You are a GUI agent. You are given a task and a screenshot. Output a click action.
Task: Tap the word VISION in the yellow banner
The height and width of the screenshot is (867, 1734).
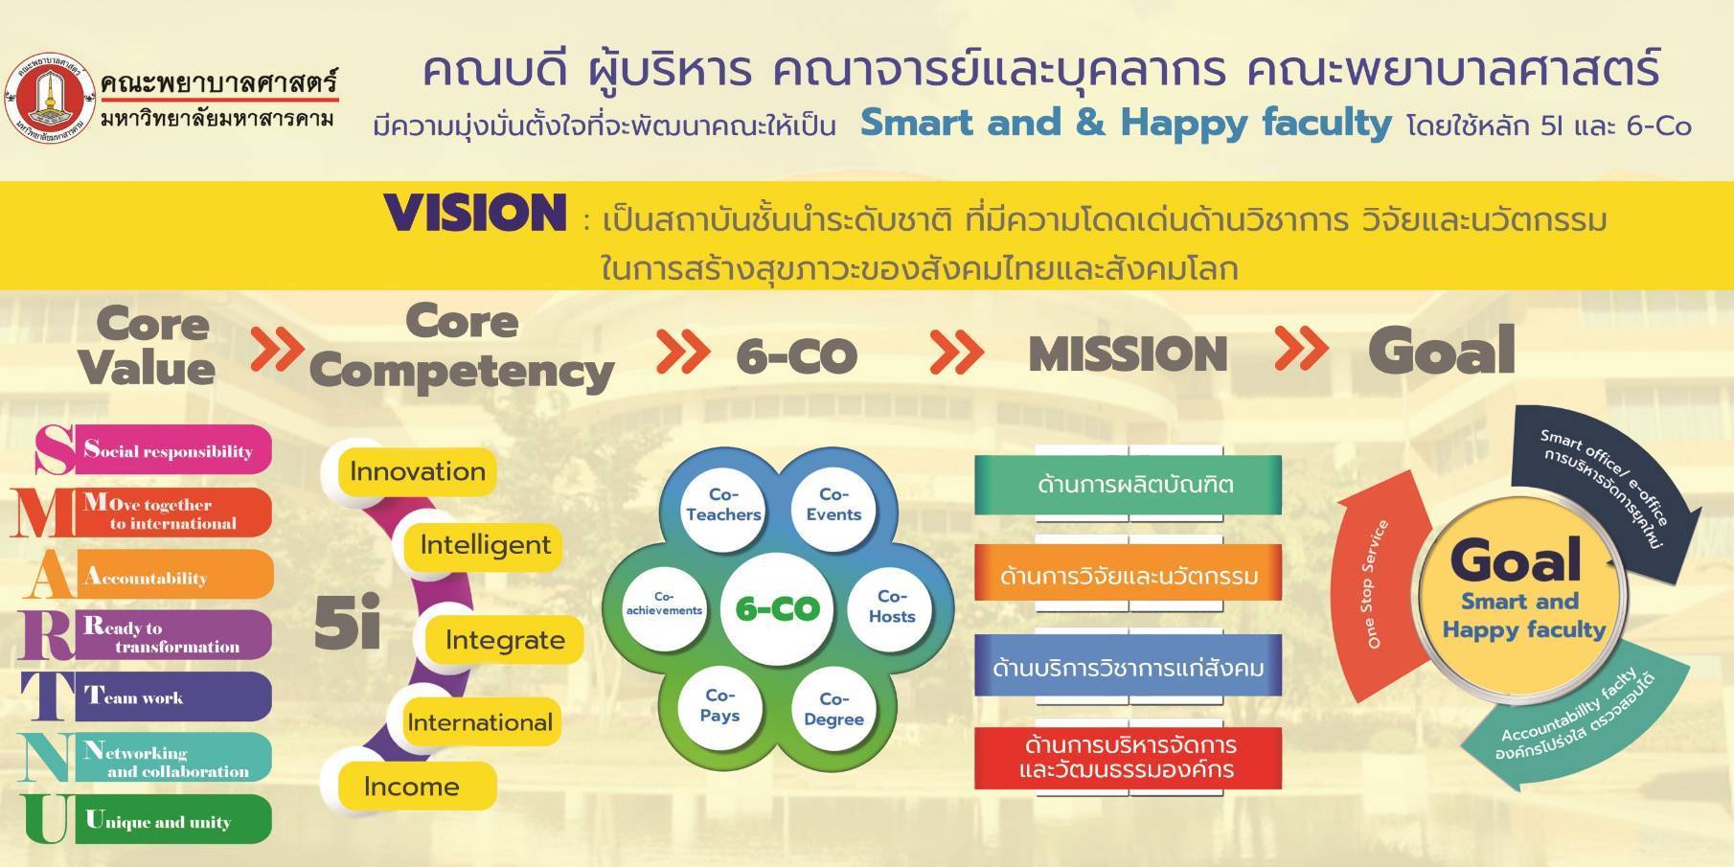[475, 213]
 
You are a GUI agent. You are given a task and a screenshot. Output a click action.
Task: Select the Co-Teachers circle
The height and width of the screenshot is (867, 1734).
[723, 504]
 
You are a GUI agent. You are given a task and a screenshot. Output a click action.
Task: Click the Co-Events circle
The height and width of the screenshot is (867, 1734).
[833, 504]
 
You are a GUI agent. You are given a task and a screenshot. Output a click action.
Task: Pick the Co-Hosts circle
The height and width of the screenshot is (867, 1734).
[891, 606]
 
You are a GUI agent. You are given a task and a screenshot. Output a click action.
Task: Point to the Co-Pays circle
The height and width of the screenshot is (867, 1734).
[719, 705]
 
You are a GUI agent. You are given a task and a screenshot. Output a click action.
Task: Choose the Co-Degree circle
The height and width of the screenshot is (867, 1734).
[833, 709]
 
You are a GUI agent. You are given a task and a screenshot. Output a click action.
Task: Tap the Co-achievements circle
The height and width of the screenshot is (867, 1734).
[664, 604]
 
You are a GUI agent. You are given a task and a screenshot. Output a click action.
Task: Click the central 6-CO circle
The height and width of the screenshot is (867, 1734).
[777, 608]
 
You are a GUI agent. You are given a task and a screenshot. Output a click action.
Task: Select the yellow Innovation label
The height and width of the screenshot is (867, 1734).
[418, 471]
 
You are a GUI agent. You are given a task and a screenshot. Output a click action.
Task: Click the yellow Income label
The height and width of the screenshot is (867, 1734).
[412, 787]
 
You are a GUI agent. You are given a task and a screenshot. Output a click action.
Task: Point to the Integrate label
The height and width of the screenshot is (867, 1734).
[505, 640]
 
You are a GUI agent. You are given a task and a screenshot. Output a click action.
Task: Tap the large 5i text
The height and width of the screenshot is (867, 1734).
[347, 624]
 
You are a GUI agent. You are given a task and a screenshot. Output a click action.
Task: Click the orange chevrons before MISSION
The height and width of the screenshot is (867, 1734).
[956, 354]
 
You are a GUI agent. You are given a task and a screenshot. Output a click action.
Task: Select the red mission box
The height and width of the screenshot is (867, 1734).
[1128, 758]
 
